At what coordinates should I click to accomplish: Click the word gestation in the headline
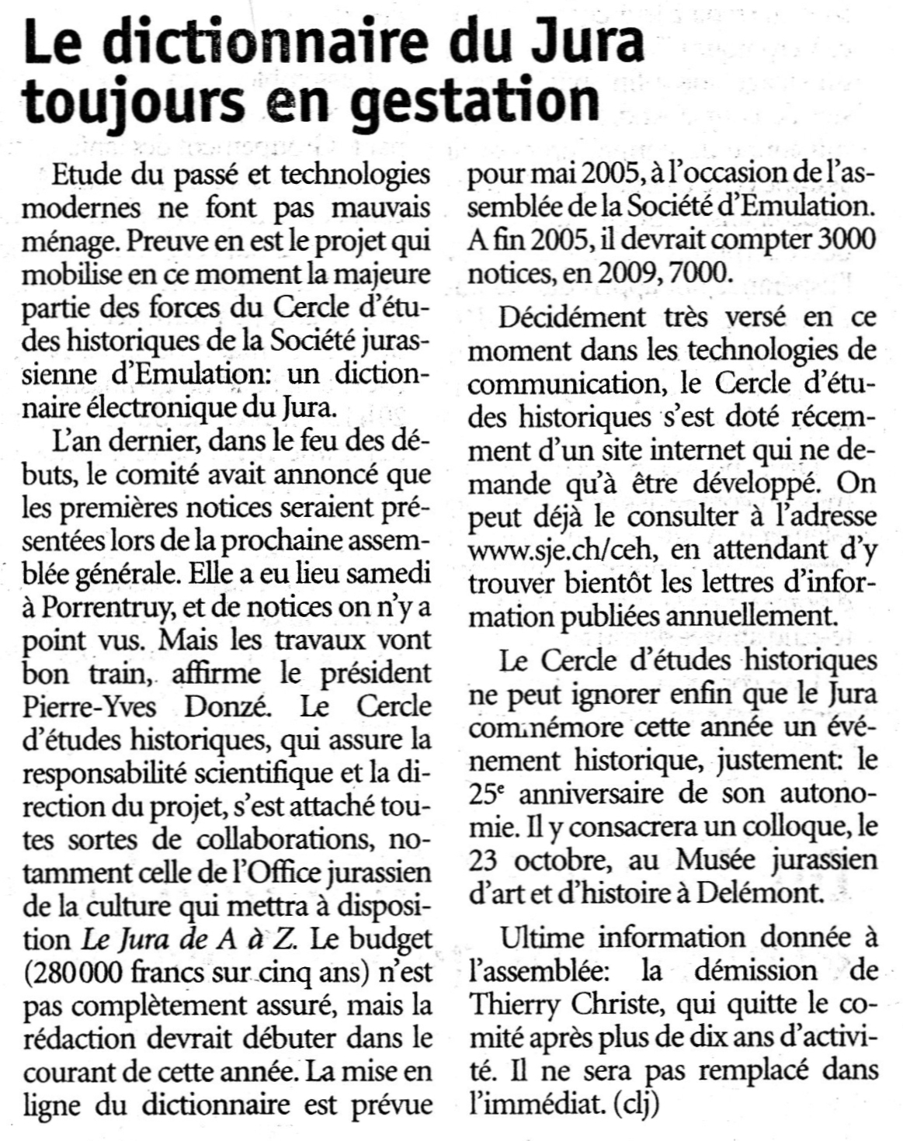coord(477,101)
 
